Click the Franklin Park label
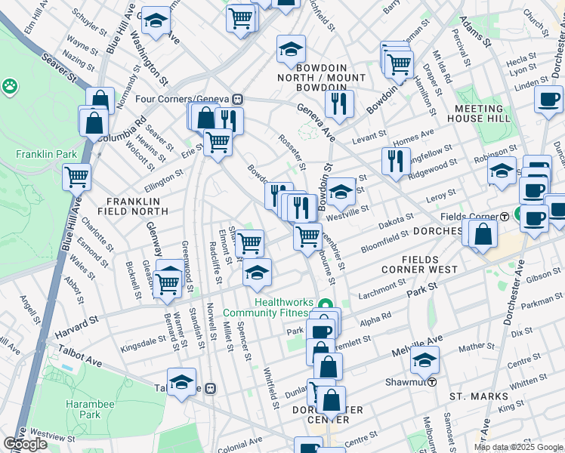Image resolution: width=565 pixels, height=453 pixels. pyautogui.click(x=46, y=154)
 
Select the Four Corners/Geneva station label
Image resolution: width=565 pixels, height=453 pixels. pyautogui.click(x=183, y=99)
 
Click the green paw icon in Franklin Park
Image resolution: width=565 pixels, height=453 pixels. pyautogui.click(x=11, y=87)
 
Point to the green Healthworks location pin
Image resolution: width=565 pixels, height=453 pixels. pyautogui.click(x=326, y=306)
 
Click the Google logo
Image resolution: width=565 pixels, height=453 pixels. pyautogui.click(x=25, y=444)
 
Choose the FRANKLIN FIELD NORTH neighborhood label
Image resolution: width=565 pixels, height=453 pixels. pyautogui.click(x=133, y=207)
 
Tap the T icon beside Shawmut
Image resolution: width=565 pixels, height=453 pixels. pyautogui.click(x=432, y=382)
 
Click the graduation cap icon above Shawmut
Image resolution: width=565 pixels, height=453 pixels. pyautogui.click(x=425, y=360)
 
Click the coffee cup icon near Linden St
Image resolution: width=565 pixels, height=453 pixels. pyautogui.click(x=548, y=99)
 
